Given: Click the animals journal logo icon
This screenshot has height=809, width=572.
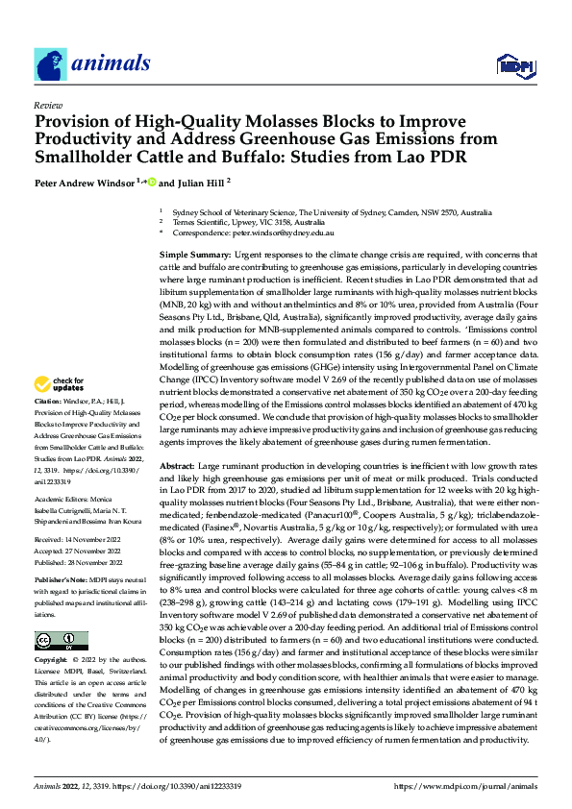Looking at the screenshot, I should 47,64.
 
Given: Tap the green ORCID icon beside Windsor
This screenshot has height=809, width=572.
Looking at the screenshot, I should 151,182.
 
